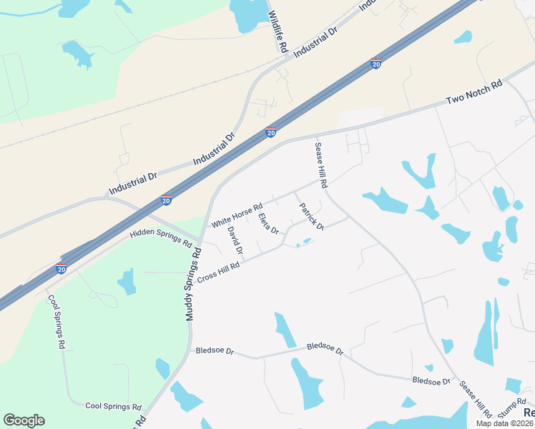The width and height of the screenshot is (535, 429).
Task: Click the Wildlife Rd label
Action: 278,32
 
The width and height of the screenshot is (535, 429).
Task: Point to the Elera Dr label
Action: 268,223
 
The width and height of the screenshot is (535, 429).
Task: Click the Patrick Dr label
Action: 311,217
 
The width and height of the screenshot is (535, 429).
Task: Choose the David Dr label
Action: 236,241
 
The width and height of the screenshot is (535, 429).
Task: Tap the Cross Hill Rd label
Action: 217,270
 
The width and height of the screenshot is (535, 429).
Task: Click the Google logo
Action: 24,420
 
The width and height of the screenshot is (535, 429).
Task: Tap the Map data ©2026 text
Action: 505,423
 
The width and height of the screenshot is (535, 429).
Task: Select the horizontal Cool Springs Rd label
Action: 113,406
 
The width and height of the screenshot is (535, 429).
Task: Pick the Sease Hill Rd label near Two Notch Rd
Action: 321,164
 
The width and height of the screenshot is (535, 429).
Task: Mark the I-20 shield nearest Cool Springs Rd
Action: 62,269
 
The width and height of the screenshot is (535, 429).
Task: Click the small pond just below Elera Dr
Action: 303,242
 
